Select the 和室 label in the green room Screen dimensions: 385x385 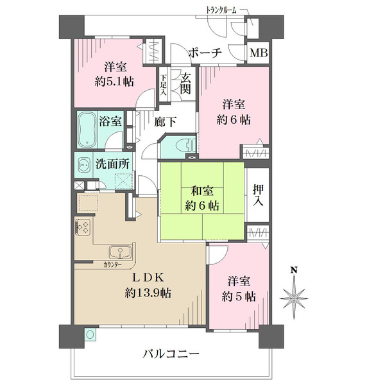click(202, 191)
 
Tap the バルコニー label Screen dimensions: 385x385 click(171, 354)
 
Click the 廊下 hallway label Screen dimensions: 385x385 click(166, 120)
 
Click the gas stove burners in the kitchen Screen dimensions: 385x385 click(83, 227)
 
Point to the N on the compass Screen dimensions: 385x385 click(293, 270)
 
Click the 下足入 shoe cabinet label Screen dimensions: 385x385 click(164, 84)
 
